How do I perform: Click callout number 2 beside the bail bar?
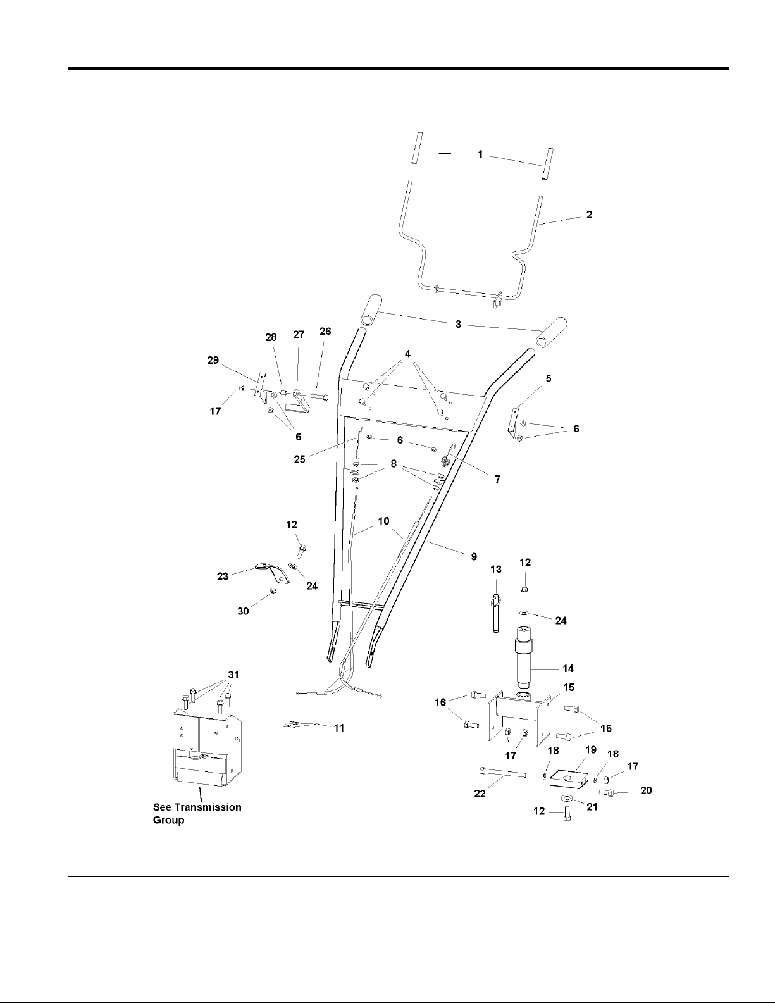point(589,215)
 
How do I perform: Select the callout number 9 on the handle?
point(474,557)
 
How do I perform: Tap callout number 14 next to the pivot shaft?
point(568,668)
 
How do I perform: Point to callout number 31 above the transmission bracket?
point(233,675)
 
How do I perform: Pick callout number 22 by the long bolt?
point(480,794)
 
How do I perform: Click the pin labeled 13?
point(495,612)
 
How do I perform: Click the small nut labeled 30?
point(273,591)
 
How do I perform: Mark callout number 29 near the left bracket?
point(213,360)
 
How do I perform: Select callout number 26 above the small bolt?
point(325,332)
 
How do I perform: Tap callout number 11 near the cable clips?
point(339,728)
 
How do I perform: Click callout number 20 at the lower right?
point(646,790)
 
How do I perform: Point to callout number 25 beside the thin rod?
point(299,459)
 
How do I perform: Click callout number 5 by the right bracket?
point(548,378)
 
